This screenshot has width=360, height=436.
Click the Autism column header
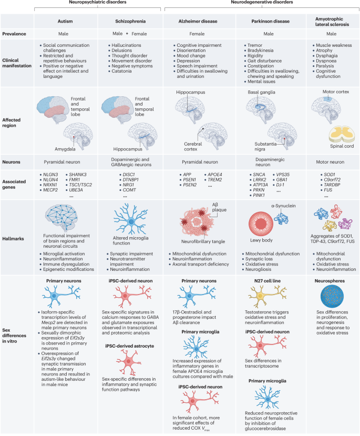pyautogui.click(x=65, y=22)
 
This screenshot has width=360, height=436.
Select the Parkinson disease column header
pyautogui.click(x=270, y=22)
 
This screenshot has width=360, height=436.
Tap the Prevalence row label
pyautogui.click(x=14, y=34)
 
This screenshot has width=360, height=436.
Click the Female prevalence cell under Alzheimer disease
pyautogui.click(x=197, y=34)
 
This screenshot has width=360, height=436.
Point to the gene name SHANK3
pyautogui.click(x=77, y=175)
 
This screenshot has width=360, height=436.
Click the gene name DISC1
pyautogui.click(x=129, y=175)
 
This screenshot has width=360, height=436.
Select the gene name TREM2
pyautogui.click(x=215, y=180)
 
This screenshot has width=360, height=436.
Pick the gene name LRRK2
pyautogui.click(x=260, y=180)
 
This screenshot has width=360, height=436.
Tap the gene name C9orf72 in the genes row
pyautogui.click(x=332, y=180)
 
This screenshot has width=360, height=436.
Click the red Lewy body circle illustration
pyautogui.click(x=261, y=224)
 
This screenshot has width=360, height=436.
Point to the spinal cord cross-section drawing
pyautogui.click(x=342, y=134)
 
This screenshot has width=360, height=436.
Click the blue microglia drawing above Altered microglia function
pyautogui.click(x=130, y=220)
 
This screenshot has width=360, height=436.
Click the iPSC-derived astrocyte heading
pyautogui.click(x=129, y=346)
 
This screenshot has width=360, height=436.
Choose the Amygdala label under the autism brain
pyautogui.click(x=65, y=149)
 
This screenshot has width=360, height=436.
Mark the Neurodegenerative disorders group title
pyautogui.click(x=262, y=2)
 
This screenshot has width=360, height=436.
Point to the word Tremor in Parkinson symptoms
pyautogui.click(x=255, y=45)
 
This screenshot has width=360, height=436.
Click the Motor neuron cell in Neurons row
pyautogui.click(x=330, y=162)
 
